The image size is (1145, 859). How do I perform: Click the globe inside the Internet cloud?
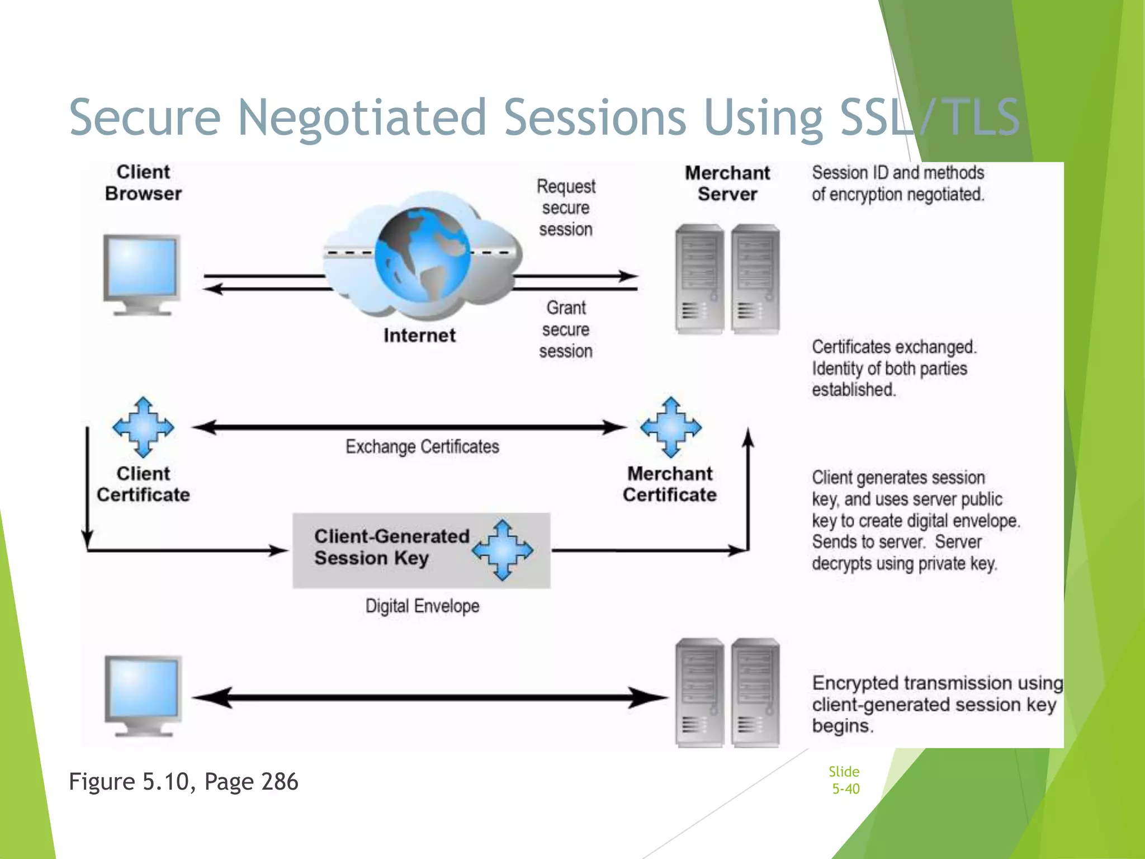(422, 254)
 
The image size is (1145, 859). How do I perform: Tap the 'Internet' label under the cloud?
(419, 336)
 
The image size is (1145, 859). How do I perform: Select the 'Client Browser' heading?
(143, 183)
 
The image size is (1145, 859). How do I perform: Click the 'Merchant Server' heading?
(727, 183)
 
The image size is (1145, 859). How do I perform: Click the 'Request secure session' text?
(566, 208)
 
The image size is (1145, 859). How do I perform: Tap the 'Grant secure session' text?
(566, 329)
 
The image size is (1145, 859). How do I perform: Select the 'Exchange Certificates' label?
(422, 446)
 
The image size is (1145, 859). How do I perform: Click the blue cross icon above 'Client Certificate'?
(143, 427)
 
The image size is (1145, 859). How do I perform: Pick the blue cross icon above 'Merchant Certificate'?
(671, 427)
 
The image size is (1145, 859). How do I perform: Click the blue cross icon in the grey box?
(502, 550)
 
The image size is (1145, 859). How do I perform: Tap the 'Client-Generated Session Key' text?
(391, 547)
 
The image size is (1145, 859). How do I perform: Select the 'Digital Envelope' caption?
(422, 606)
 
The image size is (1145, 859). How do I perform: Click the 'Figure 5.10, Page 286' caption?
(183, 781)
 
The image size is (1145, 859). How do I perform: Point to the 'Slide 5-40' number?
(845, 780)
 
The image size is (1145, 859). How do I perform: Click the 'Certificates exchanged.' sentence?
(894, 347)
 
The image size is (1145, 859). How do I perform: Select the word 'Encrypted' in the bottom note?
(855, 683)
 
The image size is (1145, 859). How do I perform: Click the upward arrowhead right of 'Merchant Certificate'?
(748, 437)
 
